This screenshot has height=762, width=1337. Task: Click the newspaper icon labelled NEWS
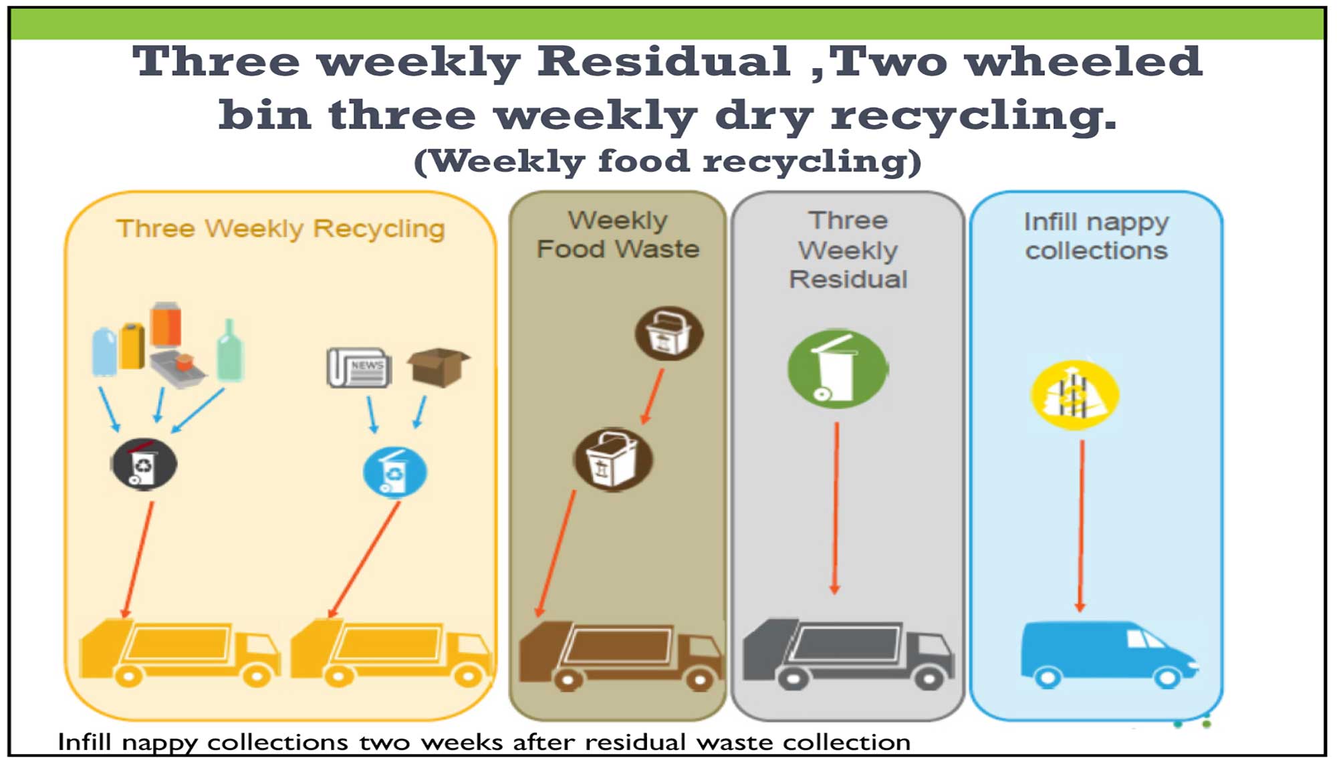coord(359,368)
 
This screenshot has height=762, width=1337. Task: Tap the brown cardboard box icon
coord(439,366)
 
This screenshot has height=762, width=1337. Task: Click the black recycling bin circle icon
coord(144,464)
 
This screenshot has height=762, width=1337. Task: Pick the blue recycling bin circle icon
coord(394,472)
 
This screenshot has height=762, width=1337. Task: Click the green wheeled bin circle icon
coord(838,368)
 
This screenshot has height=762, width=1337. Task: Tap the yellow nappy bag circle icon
coord(1075,395)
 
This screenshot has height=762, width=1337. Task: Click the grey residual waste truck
coord(848,654)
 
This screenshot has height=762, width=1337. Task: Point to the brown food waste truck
coord(621,656)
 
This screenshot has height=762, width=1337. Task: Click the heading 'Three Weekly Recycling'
coord(281,229)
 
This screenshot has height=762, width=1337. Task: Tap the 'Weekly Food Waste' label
coord(618,235)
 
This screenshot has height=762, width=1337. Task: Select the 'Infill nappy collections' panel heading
coord(1096,236)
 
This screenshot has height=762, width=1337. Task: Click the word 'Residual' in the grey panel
coord(848,279)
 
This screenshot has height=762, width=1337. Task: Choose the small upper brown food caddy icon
coord(668,334)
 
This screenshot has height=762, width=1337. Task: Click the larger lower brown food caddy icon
coord(613,459)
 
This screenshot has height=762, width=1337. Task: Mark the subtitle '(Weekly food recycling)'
coord(668,161)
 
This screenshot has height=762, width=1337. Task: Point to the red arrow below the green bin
coord(836,508)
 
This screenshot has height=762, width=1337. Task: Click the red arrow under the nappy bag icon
coord(1081,525)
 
